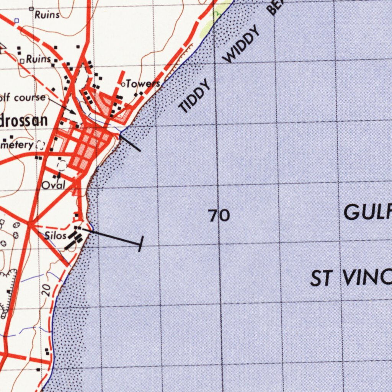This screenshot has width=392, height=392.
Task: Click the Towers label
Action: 143,83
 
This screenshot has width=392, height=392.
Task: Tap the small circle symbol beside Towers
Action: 122,84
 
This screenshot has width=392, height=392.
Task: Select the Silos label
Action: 56,235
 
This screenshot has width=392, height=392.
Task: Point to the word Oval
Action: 53,186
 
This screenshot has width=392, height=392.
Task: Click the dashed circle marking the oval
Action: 62,166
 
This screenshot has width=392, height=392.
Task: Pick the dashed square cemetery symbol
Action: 40,145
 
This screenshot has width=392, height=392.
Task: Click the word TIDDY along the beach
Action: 195,96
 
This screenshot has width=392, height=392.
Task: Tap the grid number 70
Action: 219,216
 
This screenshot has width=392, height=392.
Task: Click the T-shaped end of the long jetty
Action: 141,244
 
